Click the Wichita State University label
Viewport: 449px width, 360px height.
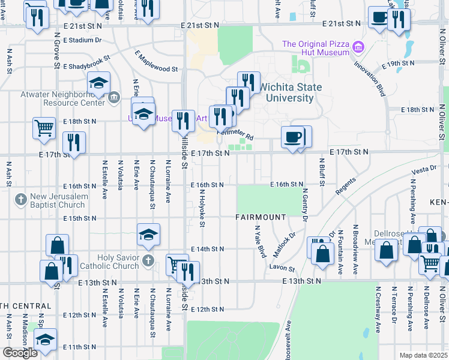pos(294,92)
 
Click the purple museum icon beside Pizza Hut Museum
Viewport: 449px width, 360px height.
pos(359,46)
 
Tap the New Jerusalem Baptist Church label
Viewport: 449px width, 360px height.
pos(58,201)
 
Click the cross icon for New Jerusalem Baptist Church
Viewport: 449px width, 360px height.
pos(20,199)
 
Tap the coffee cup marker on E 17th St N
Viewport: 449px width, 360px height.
pos(292,137)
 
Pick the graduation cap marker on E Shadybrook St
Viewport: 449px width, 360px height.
pos(98,83)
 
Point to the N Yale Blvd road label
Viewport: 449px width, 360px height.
pos(261,242)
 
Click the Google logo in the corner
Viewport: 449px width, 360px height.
pos(20,353)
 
